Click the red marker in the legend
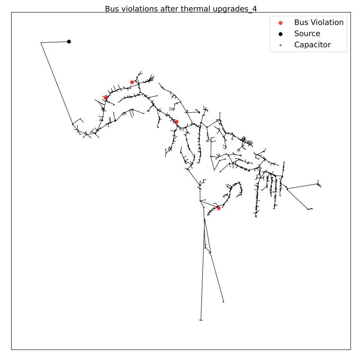[x=280, y=23]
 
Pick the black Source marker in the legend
[x=280, y=34]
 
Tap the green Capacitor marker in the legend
[x=280, y=45]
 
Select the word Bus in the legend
[x=301, y=22]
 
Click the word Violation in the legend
[x=327, y=22]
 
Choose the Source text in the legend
[x=307, y=34]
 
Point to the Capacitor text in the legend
[x=312, y=45]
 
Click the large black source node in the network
[x=69, y=42]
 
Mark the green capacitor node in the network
[x=207, y=127]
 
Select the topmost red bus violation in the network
[x=132, y=82]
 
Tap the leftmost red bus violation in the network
[x=106, y=97]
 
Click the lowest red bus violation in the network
[x=219, y=208]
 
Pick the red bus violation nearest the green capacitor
[x=176, y=122]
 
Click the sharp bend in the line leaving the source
[x=41, y=43]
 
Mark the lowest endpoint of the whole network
[x=201, y=320]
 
